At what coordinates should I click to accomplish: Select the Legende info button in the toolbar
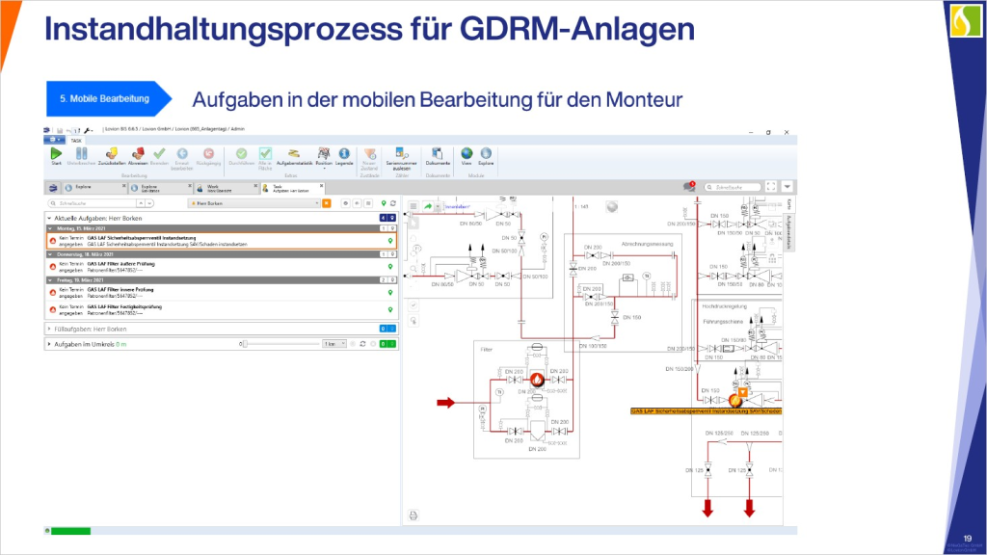coord(344,154)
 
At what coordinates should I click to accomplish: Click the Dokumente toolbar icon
coord(439,154)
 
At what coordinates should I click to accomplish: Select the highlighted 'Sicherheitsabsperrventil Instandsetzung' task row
coord(222,240)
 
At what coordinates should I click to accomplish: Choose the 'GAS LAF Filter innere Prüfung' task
coord(222,292)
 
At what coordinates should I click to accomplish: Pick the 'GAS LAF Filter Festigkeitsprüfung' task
coord(222,309)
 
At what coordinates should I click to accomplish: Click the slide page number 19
coord(967,538)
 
